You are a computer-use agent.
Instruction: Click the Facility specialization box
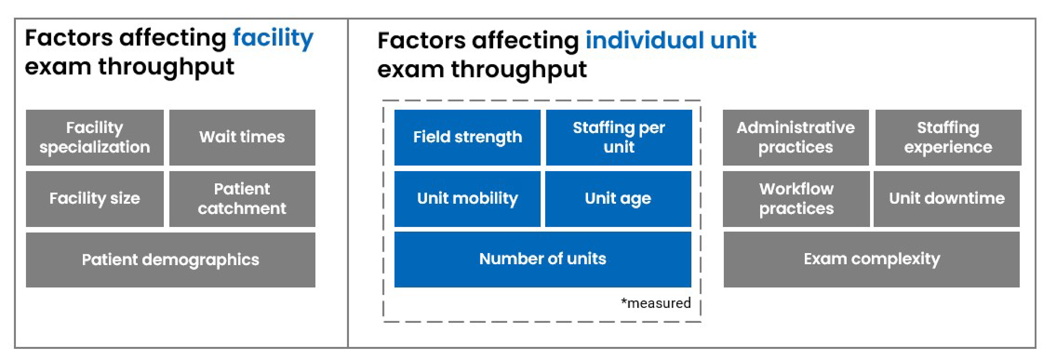coord(95,138)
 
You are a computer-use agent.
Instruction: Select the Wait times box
coord(242,138)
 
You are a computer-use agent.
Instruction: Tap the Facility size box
coord(95,199)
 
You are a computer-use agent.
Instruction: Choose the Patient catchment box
coord(242,199)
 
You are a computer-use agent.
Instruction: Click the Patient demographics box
coord(170,260)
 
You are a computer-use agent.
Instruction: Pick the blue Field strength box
coord(467,138)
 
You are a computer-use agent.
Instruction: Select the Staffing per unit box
coord(619,138)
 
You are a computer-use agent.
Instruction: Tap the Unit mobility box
coord(467,199)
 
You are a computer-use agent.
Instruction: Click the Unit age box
coord(618,199)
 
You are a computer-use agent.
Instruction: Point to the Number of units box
coord(543,259)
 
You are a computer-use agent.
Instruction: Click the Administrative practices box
coord(796,138)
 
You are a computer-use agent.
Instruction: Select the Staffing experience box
coord(948,138)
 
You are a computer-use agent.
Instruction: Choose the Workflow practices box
coord(796,199)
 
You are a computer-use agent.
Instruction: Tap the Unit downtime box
coord(947,199)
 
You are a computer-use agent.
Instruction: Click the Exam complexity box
coord(871,259)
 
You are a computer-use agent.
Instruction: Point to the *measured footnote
coord(656,303)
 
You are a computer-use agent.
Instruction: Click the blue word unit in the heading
coord(733,41)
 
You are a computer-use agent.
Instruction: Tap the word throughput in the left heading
coord(166,67)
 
